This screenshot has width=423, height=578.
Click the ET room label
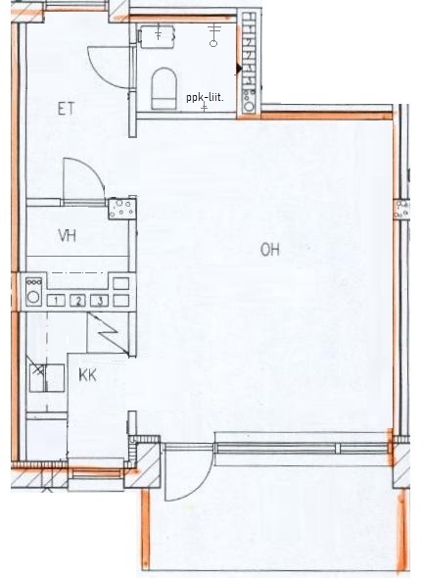67,109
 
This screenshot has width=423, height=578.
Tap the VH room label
68,235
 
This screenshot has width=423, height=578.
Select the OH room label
270,250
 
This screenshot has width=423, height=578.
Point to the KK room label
88,375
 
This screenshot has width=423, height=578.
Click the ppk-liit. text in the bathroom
206,98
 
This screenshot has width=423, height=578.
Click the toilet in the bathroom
164,88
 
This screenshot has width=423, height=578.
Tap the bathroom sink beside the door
157,35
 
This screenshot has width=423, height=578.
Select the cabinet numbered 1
56,301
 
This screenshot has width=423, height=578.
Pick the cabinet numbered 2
78,301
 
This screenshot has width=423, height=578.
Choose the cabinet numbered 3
100,301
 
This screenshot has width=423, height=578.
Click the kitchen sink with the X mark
47,377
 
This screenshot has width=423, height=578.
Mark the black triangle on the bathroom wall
239,69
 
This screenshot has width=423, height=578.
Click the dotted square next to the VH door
122,209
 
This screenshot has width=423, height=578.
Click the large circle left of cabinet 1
33,297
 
